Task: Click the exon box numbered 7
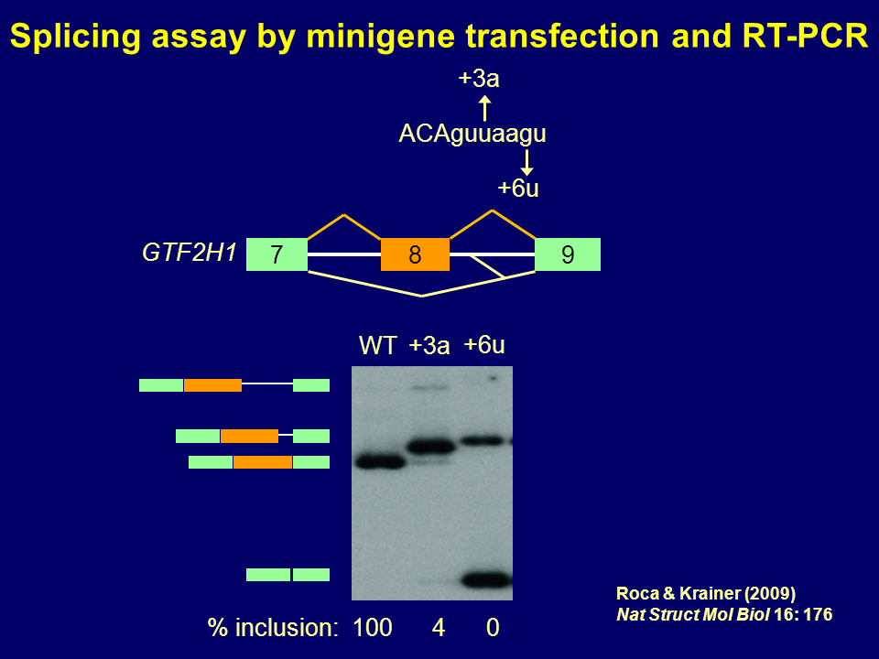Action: [x=277, y=254]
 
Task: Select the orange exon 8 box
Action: [x=415, y=254]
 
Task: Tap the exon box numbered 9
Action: [x=568, y=254]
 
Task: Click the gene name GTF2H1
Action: [x=190, y=253]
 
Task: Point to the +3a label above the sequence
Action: [x=479, y=79]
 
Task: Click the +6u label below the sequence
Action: [x=518, y=188]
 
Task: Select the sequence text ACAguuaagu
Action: [x=472, y=134]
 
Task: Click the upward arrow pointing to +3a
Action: [x=485, y=108]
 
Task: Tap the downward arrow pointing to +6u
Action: [x=526, y=163]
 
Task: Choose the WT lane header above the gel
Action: [x=378, y=345]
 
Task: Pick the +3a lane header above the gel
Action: [x=429, y=345]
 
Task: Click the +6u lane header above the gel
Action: [x=484, y=345]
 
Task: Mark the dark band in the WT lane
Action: [x=381, y=462]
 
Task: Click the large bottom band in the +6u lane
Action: [x=486, y=580]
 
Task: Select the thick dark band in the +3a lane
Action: [x=430, y=447]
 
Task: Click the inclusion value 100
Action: [x=373, y=628]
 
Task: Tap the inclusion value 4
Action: [x=439, y=628]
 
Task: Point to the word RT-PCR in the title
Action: [x=805, y=37]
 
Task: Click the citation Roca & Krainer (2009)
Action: [x=706, y=593]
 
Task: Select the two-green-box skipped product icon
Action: [x=288, y=575]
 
